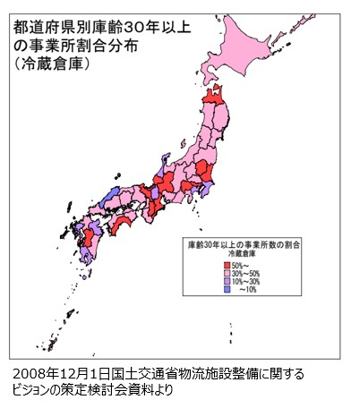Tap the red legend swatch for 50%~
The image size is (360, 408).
point(226,264)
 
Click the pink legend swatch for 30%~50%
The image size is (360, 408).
point(226,273)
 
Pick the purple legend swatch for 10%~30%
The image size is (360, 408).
point(226,282)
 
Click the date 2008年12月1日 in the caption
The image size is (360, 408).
point(55,374)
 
